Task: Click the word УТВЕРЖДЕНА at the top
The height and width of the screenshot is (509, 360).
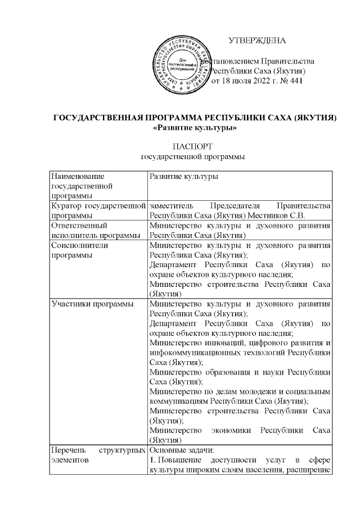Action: (x=258, y=40)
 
